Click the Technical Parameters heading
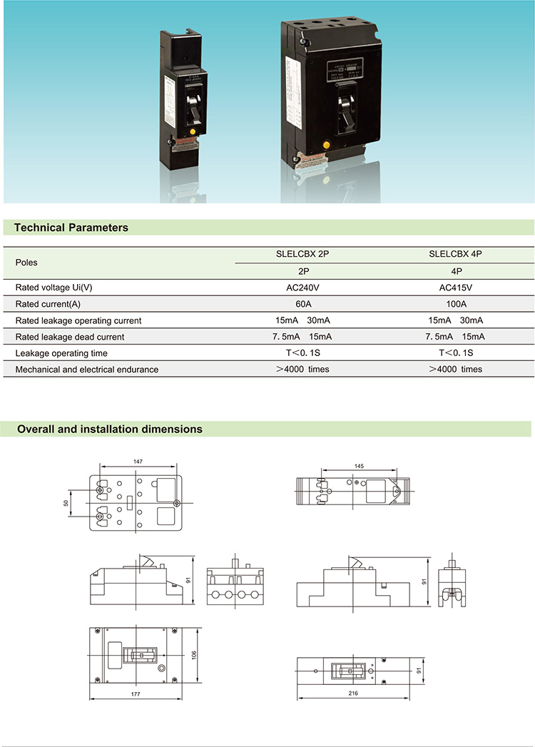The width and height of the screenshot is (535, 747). pyautogui.click(x=71, y=228)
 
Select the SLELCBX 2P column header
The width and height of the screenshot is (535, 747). pyautogui.click(x=303, y=254)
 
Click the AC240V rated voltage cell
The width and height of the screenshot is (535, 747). pyautogui.click(x=303, y=288)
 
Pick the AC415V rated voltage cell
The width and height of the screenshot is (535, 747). pyautogui.click(x=457, y=288)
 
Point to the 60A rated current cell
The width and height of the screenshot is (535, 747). pyautogui.click(x=303, y=304)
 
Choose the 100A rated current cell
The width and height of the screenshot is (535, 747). pyautogui.click(x=457, y=304)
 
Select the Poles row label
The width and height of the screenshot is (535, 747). pyautogui.click(x=26, y=263)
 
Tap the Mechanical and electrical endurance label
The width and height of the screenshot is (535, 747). pyautogui.click(x=87, y=370)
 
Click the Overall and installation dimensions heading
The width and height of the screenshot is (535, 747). pyautogui.click(x=110, y=430)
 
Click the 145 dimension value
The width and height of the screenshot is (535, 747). pyautogui.click(x=359, y=466)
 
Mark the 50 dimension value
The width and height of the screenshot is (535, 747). pyautogui.click(x=66, y=503)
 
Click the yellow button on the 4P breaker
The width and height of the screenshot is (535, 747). pyautogui.click(x=327, y=145)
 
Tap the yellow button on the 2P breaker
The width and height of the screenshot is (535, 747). pyautogui.click(x=190, y=132)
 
